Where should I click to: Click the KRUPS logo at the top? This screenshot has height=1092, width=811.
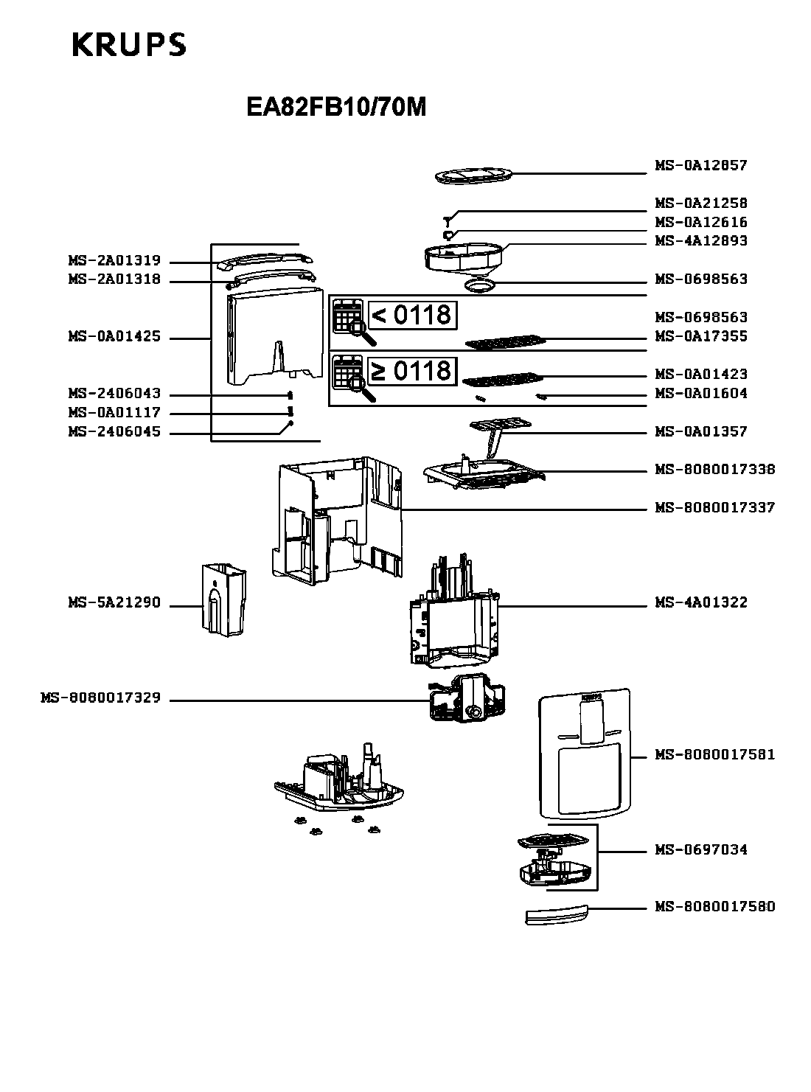point(129,46)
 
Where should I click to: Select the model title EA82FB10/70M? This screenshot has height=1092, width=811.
point(336,108)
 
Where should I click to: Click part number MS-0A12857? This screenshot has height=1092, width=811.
point(700,166)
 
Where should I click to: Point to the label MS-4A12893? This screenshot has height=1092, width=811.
point(700,241)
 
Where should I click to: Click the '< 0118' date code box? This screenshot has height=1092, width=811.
point(412,315)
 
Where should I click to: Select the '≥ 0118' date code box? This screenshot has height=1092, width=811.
point(412,370)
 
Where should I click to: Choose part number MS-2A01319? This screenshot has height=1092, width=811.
point(114,261)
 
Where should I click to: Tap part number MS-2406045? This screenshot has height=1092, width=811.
point(114,432)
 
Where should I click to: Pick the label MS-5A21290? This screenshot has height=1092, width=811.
point(114,603)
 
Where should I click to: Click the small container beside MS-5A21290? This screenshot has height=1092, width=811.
point(223,598)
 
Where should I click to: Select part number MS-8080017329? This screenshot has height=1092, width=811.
point(100,698)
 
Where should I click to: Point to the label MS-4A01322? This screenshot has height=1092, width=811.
point(700,603)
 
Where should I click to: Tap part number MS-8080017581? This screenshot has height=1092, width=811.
point(714,755)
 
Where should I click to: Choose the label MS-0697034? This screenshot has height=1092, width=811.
point(700,850)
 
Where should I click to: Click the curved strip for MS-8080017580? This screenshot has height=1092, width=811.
point(557,915)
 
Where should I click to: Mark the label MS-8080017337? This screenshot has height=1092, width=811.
point(714,508)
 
